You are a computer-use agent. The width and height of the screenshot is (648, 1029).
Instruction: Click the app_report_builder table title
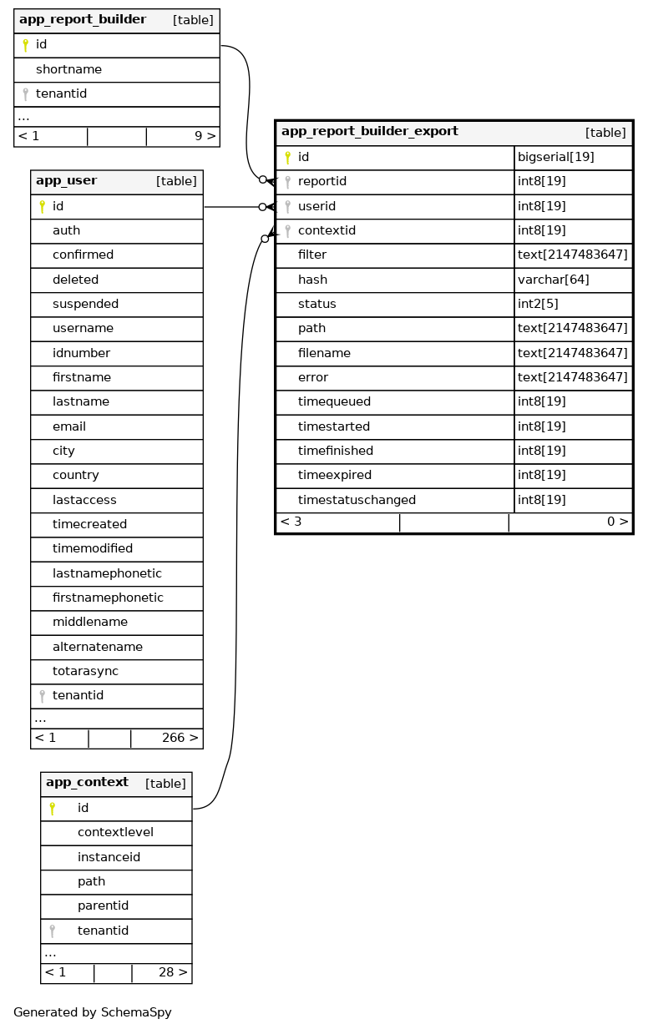tap(82, 20)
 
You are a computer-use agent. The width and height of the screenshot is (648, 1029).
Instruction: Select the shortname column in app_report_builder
tap(68, 70)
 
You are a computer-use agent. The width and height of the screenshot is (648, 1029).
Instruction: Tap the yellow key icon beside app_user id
tap(42, 207)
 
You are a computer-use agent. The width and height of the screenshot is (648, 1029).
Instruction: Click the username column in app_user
tap(83, 329)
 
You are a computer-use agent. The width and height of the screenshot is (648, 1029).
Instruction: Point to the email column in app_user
tap(69, 426)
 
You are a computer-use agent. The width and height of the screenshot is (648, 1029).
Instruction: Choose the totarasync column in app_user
tap(85, 671)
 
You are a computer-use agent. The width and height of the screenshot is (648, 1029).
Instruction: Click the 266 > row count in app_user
tap(180, 738)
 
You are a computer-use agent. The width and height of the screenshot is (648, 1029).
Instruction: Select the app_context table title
tap(87, 783)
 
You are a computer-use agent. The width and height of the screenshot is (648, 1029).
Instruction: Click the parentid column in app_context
tap(103, 905)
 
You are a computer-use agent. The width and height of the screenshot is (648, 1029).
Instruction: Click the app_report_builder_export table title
tap(369, 132)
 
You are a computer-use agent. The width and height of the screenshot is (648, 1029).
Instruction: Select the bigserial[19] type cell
tap(555, 157)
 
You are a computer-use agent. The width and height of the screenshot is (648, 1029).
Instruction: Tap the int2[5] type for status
tap(541, 304)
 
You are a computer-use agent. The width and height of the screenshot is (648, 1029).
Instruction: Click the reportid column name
tap(321, 181)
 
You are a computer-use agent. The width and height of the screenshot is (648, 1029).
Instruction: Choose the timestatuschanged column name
tap(357, 500)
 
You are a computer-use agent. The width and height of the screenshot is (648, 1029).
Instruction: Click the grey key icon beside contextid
tap(287, 230)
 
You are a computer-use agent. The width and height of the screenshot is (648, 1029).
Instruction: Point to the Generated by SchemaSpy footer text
tap(92, 1012)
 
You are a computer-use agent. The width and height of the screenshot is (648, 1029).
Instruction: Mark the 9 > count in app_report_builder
tap(205, 136)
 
